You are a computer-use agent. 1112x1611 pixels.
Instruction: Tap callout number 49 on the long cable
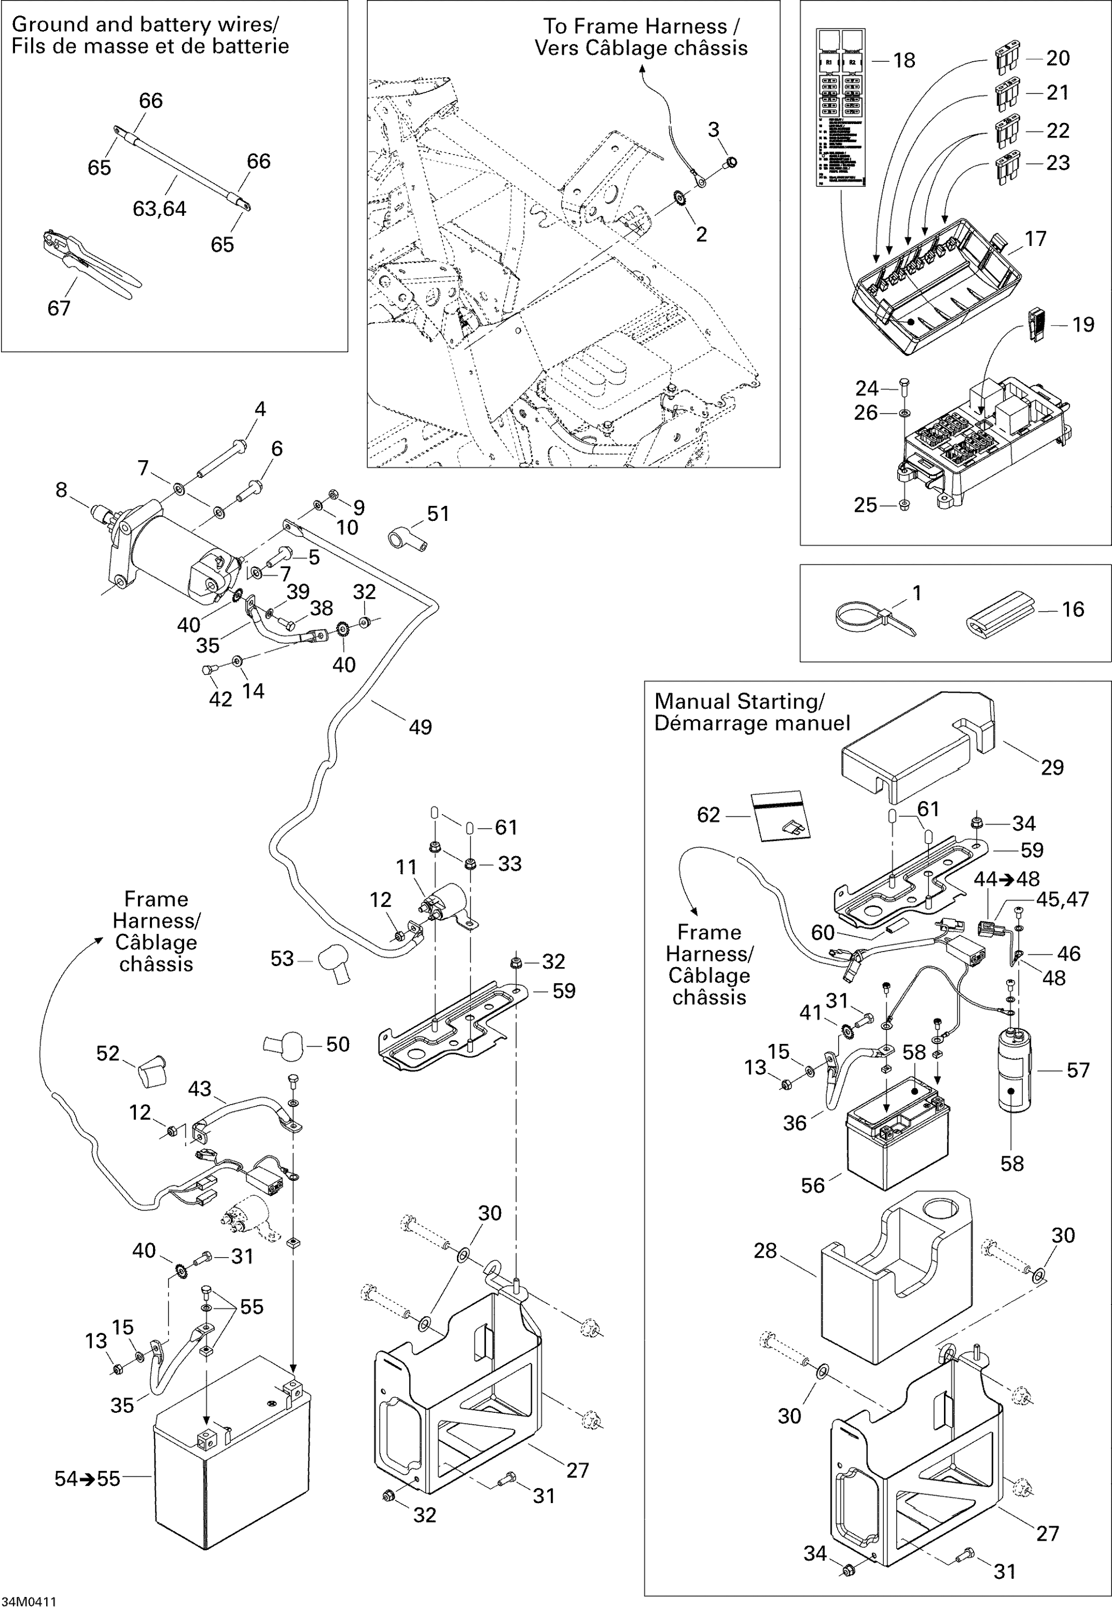[420, 728]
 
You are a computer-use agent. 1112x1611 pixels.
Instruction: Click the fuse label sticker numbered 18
[840, 108]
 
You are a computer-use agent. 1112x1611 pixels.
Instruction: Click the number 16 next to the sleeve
[1073, 609]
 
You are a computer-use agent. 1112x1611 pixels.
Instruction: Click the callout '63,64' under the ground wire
[159, 209]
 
